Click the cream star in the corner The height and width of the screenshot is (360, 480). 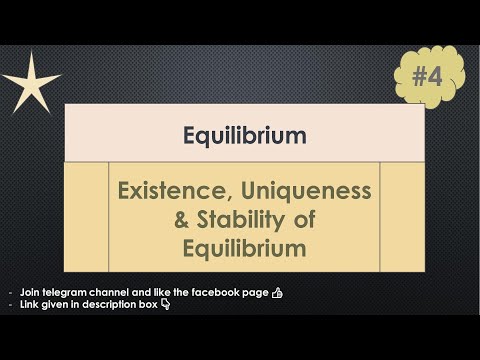pyautogui.click(x=29, y=82)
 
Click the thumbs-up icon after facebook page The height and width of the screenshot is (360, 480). pyautogui.click(x=277, y=291)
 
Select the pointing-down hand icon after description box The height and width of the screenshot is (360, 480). pyautogui.click(x=165, y=304)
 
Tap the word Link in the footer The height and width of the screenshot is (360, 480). pyautogui.click(x=27, y=305)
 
